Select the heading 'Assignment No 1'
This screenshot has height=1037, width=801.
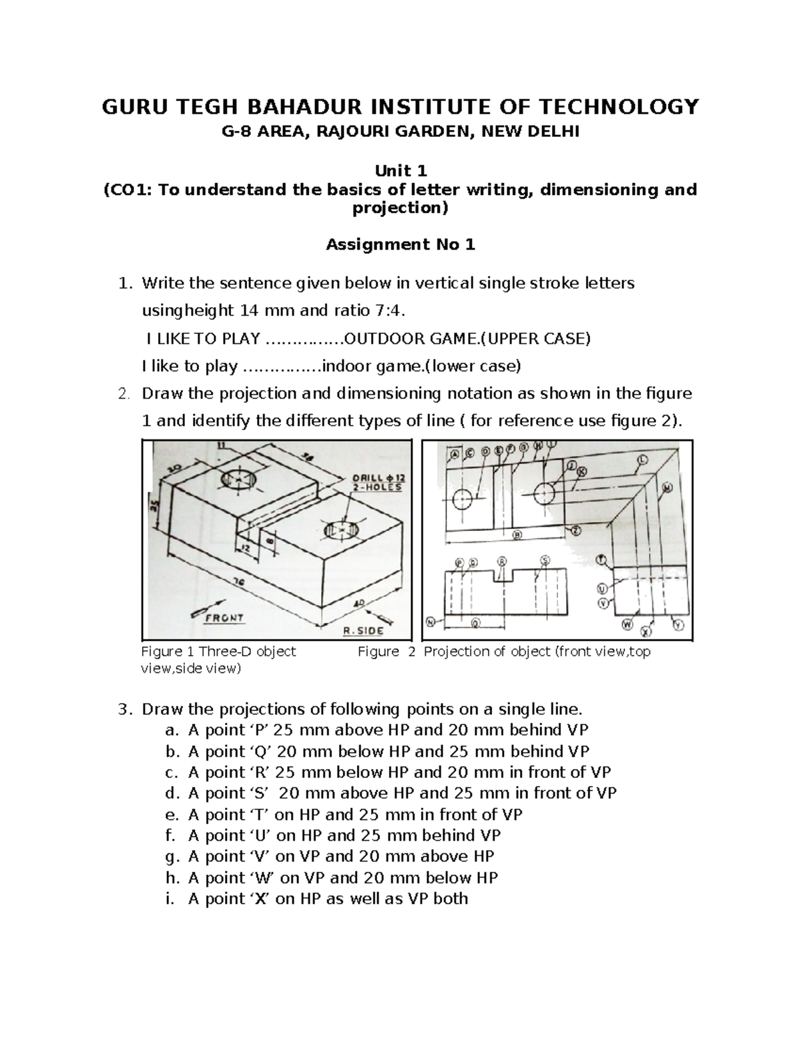(x=400, y=245)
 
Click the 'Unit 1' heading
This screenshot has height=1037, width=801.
(x=400, y=171)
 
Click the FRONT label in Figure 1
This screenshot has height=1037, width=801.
(x=224, y=618)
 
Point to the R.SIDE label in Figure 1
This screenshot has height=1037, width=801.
(x=363, y=630)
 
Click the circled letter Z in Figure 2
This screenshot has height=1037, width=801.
(x=575, y=530)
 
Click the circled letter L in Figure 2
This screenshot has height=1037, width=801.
(x=643, y=459)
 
